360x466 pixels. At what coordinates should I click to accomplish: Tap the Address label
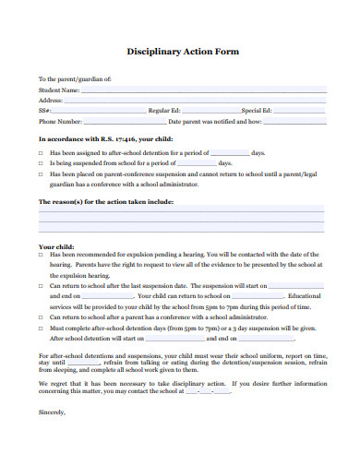(x=52, y=102)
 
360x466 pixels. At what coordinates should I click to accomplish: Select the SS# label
(x=45, y=111)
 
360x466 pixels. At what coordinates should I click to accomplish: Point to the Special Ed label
(x=259, y=111)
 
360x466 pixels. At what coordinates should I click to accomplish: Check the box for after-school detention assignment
(x=41, y=152)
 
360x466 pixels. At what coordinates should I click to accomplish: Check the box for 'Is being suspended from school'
(x=41, y=162)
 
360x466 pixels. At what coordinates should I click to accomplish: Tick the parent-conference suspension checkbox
(x=41, y=173)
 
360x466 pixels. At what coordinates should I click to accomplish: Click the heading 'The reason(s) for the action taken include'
(x=104, y=200)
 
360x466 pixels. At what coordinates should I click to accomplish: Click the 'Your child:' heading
(x=55, y=247)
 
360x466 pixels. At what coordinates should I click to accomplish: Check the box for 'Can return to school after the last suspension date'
(x=41, y=286)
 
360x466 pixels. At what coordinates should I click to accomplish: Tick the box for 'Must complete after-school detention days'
(x=41, y=327)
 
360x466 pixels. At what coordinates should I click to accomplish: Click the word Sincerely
(x=53, y=412)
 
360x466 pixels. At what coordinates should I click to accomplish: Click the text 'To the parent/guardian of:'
(x=75, y=81)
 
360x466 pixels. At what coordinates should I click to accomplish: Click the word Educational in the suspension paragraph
(x=305, y=296)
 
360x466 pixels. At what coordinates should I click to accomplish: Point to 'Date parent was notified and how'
(x=216, y=121)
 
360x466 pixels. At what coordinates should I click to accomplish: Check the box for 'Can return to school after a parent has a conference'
(x=41, y=317)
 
